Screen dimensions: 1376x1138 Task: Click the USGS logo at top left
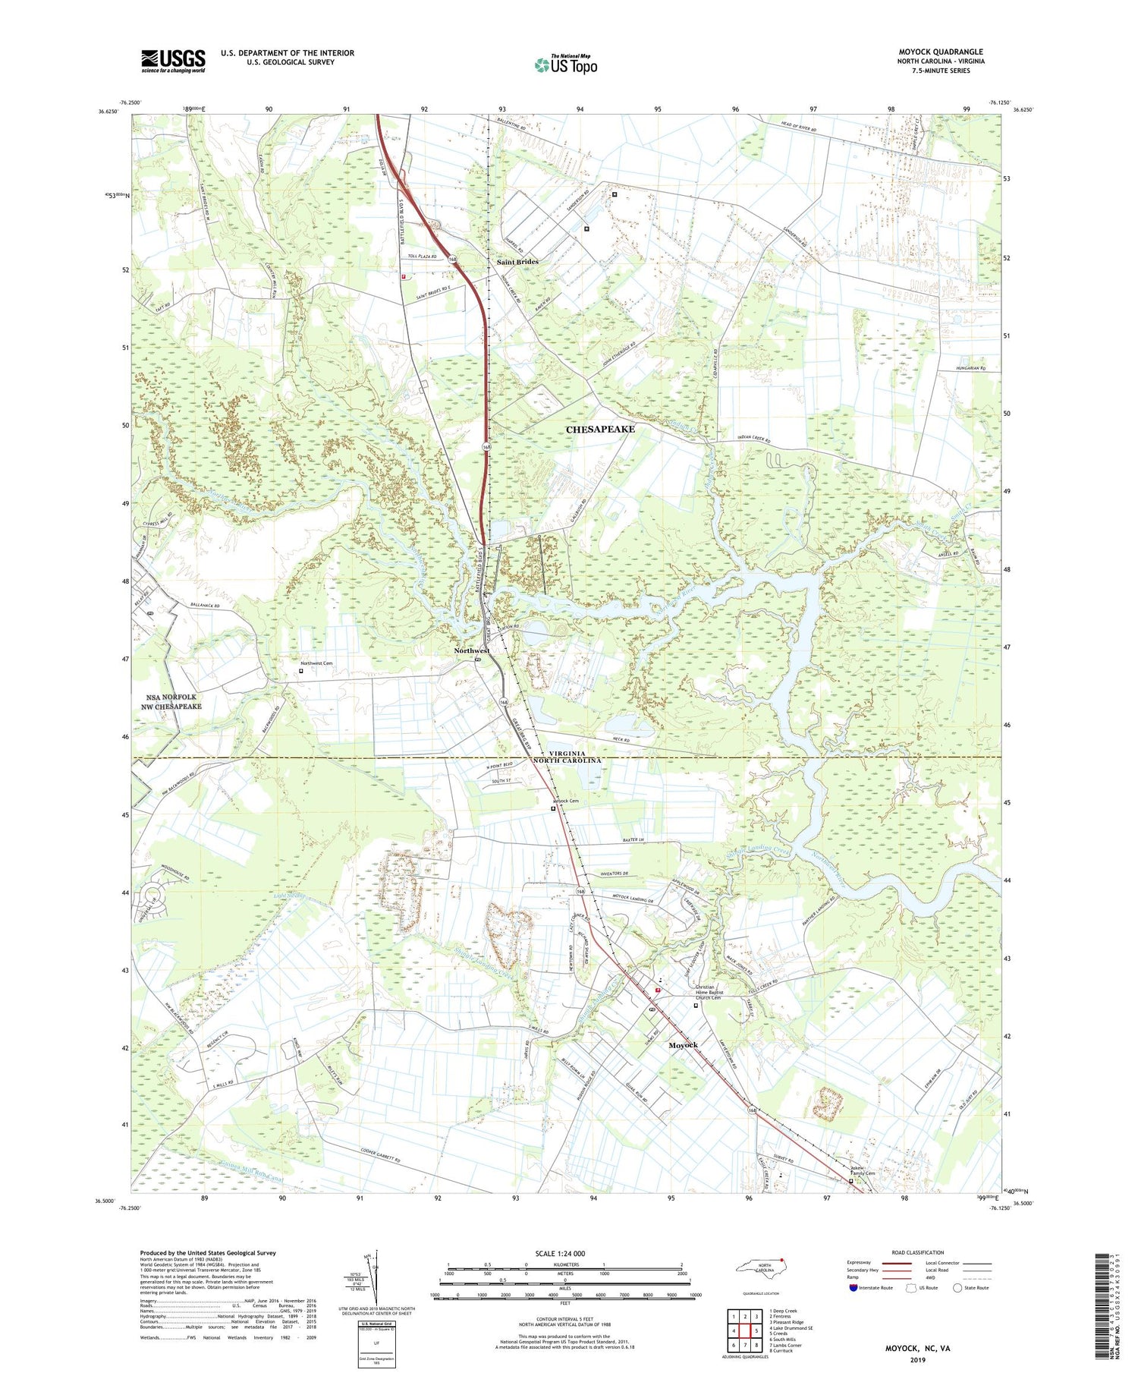[173, 61]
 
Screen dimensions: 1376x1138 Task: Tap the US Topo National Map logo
[565, 64]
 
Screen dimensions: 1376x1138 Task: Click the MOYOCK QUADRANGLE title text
[940, 52]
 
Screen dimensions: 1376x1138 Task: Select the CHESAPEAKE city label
[600, 430]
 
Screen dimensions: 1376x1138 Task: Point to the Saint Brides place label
[517, 262]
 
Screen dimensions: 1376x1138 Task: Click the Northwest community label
[471, 651]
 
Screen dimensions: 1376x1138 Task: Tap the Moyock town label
[683, 1045]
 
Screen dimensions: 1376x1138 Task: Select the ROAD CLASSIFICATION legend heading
[918, 1252]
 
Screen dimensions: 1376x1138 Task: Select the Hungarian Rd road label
[972, 368]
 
